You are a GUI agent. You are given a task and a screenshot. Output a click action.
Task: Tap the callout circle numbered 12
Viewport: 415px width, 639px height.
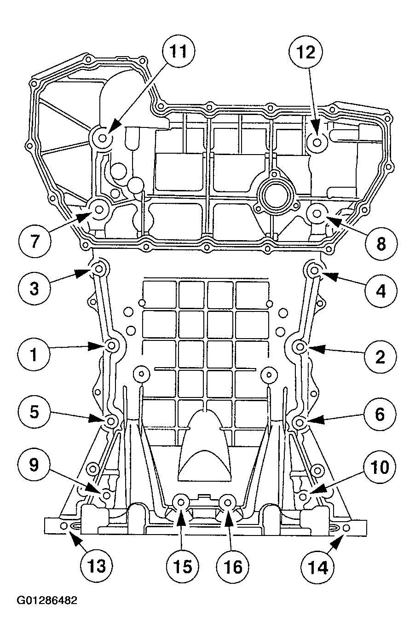point(306,53)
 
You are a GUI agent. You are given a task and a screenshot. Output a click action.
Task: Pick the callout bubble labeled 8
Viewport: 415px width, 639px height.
point(381,244)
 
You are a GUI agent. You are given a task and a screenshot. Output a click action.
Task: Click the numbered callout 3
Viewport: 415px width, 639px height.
point(34,288)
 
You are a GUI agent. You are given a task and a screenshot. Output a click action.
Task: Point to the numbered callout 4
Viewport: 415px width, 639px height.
point(380,290)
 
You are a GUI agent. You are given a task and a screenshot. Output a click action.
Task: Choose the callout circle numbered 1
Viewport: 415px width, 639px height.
point(34,355)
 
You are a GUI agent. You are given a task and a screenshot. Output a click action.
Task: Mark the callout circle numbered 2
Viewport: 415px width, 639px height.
point(380,357)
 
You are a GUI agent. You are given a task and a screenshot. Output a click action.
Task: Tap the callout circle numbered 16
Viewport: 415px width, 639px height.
point(233,566)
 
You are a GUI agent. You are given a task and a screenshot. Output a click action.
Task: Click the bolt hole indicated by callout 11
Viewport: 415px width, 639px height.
point(102,138)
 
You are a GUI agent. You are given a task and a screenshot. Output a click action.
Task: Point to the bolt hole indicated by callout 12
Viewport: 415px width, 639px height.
point(317,141)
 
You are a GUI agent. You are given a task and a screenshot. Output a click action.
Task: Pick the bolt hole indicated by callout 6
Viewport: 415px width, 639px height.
point(300,422)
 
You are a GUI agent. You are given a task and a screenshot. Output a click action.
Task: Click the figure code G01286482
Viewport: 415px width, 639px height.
point(47,601)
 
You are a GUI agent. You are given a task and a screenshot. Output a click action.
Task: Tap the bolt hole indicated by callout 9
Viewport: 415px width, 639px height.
point(106,495)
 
